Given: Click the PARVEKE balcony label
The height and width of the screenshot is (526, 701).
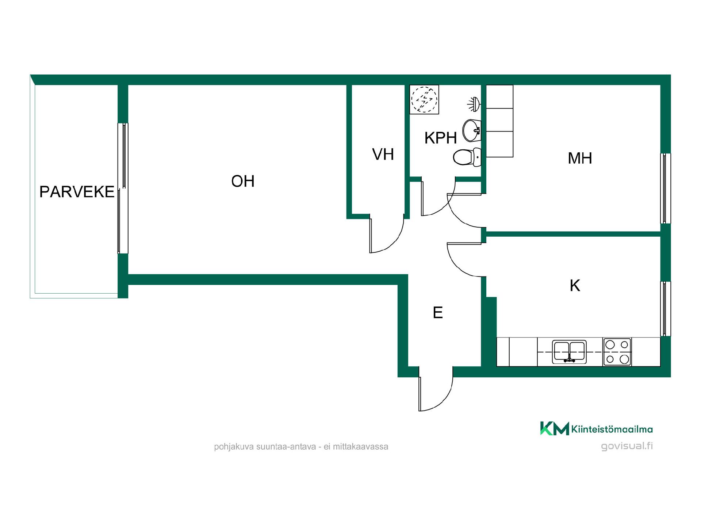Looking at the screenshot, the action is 77,192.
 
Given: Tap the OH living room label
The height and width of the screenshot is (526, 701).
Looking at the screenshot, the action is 243,181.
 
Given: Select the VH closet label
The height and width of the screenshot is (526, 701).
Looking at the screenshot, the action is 383,155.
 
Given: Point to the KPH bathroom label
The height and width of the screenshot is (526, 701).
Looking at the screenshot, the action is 441,138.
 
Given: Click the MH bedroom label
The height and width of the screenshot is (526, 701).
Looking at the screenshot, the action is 580,158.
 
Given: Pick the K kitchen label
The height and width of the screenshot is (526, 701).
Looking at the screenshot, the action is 575,286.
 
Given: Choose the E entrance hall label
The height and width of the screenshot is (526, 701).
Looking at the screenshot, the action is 438,313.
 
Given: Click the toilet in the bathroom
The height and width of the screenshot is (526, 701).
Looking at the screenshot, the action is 467,157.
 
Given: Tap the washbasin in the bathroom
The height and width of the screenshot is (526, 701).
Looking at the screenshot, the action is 472,130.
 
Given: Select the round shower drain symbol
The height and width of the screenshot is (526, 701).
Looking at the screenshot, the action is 424,99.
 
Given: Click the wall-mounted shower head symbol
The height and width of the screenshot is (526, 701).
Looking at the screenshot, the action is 474,104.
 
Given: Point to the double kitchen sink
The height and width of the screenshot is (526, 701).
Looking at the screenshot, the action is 569,352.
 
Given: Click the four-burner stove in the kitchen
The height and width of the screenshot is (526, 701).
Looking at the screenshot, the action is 617,352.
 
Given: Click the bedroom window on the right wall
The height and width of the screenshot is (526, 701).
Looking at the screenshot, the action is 666,188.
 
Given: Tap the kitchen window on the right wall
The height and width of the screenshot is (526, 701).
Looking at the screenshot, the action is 666,309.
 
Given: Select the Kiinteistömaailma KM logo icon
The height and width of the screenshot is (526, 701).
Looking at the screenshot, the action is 555,428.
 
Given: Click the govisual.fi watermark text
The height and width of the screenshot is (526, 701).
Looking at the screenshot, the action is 627,446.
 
